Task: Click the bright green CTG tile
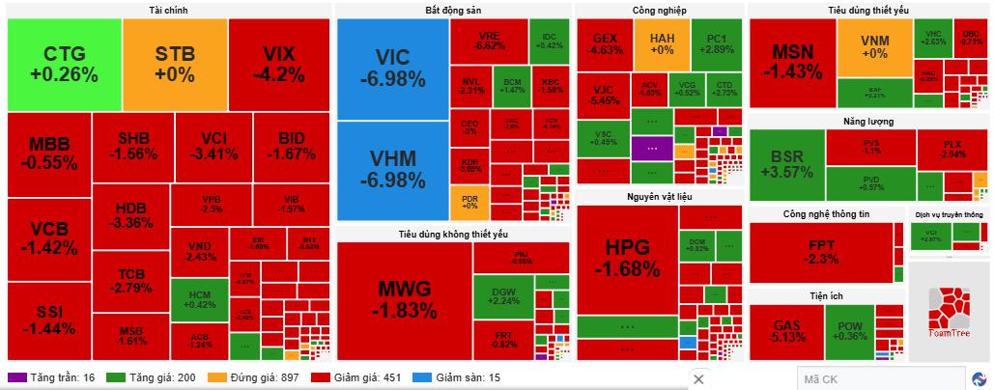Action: click(x=64, y=64)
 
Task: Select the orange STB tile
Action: click(x=175, y=64)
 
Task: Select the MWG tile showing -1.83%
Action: click(x=404, y=299)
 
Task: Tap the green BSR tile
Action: click(x=786, y=164)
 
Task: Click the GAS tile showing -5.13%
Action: click(x=785, y=329)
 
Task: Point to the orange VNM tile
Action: click(x=874, y=47)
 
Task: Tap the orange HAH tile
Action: click(x=662, y=42)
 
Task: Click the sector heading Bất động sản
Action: click(x=452, y=10)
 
